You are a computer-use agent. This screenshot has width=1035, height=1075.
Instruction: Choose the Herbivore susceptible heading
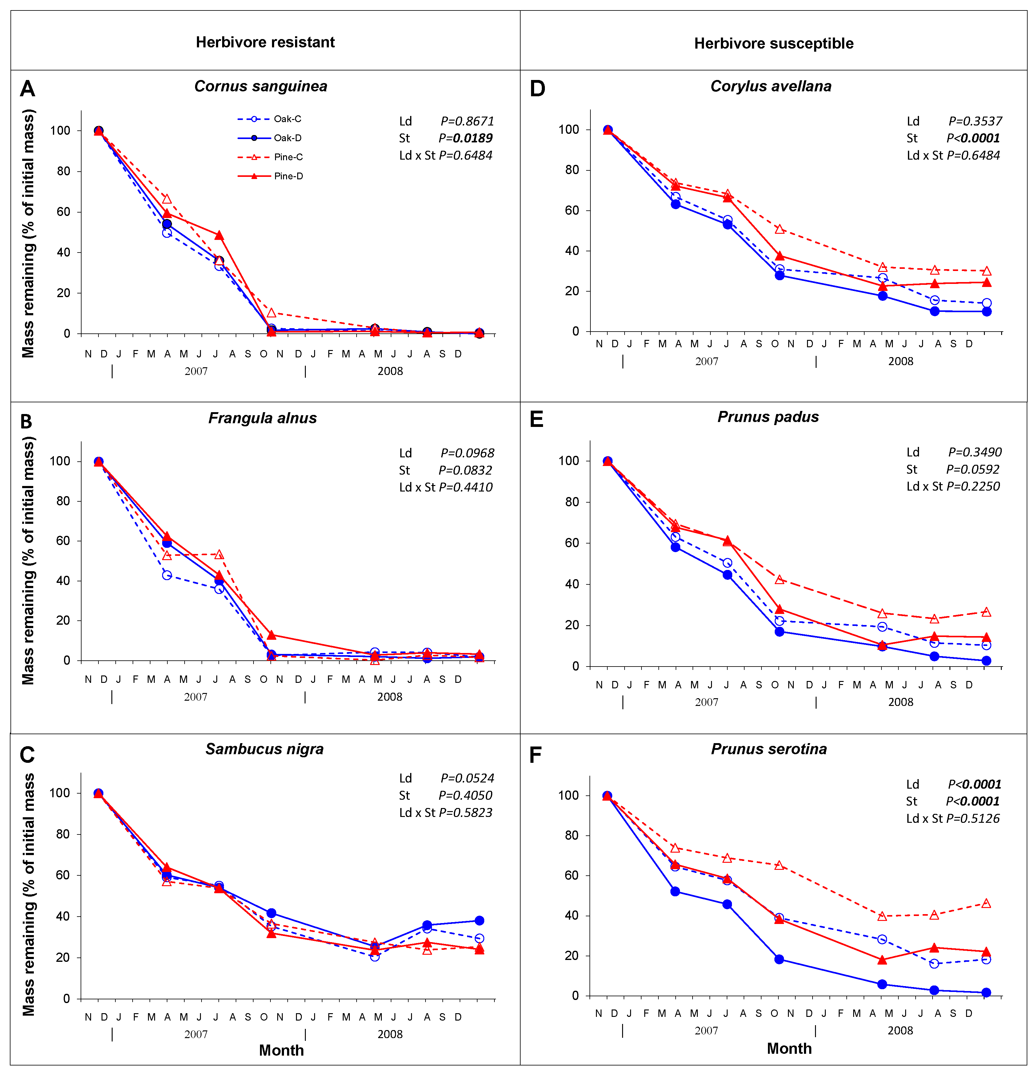pos(773,43)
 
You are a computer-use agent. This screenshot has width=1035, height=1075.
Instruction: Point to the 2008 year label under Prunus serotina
pos(900,1031)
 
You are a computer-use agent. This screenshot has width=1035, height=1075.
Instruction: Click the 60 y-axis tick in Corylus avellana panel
pos(572,211)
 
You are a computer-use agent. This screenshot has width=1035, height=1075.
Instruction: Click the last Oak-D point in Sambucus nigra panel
pos(479,920)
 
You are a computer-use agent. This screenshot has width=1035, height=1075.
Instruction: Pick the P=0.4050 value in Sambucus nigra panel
pos(465,795)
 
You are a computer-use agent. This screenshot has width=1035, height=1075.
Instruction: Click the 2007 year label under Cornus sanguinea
pos(196,371)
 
